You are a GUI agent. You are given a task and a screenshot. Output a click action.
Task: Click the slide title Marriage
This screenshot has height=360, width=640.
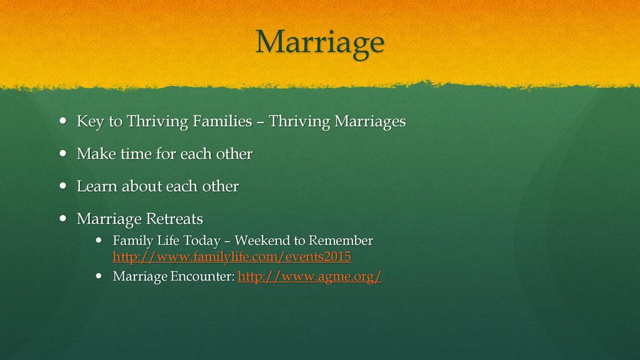coord(319,43)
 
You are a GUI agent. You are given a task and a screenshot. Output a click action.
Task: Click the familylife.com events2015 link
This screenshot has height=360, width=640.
coord(232,257)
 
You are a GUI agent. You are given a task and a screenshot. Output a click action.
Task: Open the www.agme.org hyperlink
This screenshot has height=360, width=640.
coord(309,276)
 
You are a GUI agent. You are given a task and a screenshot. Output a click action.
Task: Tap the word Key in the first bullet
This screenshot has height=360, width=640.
coord(90,122)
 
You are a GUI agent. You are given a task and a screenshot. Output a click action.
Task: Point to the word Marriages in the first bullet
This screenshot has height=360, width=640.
coord(370,122)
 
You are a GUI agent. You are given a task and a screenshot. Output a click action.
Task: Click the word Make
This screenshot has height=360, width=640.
coord(96,154)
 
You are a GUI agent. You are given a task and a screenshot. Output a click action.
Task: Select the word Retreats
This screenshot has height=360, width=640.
coord(174,219)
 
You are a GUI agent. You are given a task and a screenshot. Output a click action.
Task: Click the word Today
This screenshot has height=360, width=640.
coord(202,241)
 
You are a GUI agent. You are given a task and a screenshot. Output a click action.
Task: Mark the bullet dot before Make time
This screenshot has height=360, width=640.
coord(63,154)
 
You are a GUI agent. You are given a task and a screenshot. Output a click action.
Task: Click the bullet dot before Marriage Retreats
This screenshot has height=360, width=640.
coord(63,218)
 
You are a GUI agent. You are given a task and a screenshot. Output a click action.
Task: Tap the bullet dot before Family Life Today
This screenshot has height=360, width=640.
coord(99,241)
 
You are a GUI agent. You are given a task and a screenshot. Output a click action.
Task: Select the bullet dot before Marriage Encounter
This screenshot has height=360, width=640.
coord(99,276)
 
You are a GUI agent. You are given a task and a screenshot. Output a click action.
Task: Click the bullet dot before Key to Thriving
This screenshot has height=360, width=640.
coord(63,121)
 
